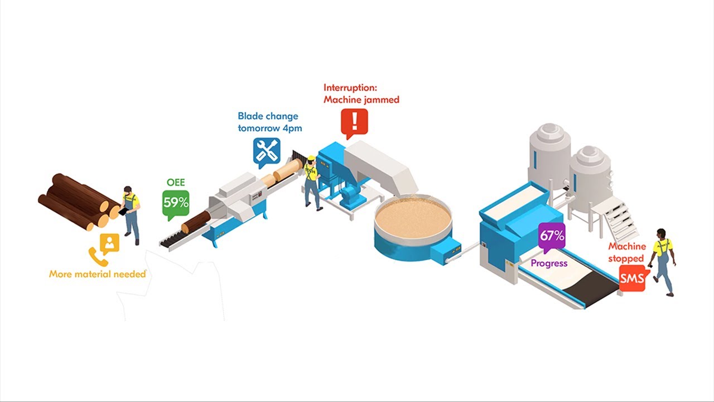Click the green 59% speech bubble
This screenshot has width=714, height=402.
(x=176, y=205)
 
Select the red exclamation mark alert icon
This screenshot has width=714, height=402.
(x=354, y=123)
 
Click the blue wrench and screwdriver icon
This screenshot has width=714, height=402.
(x=267, y=152)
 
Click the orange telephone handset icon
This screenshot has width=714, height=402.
(x=99, y=256)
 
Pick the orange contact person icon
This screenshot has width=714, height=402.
(x=110, y=244)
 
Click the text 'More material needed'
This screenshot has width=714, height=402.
(x=97, y=274)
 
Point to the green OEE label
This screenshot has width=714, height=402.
(x=176, y=182)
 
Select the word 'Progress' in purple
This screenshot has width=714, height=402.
(x=549, y=264)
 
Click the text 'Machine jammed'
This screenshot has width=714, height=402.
(x=361, y=99)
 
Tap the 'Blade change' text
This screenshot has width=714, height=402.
(x=268, y=116)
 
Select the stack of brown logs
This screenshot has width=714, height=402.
(x=79, y=202)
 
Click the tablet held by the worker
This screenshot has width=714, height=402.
(x=124, y=211)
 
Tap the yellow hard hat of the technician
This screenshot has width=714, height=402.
(x=311, y=159)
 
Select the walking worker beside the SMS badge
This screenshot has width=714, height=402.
(x=663, y=262)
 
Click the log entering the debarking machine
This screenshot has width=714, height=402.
(x=196, y=222)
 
